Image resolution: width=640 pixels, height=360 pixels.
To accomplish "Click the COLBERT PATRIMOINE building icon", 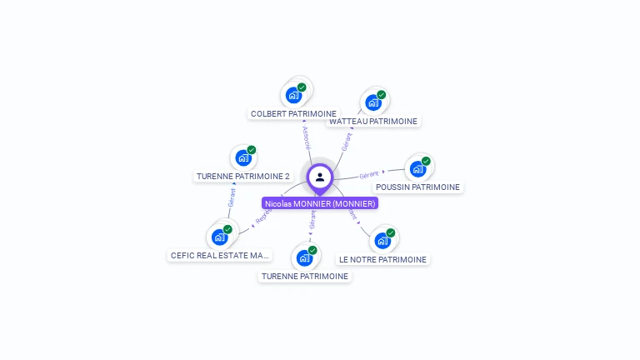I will pos(293,95).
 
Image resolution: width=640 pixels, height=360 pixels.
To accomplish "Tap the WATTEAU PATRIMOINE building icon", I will pos(372,102).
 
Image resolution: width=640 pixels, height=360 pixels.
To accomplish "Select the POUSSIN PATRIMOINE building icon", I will pos(417,169).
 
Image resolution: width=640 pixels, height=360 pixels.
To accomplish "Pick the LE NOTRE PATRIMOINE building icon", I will pos(382,241).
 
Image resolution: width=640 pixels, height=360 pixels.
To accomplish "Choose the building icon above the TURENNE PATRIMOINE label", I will pos(304,257).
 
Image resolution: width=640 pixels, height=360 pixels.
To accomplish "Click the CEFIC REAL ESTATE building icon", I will pos(219,237).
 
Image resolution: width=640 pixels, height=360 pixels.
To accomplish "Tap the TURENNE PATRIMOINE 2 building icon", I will pos(243,157).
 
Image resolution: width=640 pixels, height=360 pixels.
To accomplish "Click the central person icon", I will pos(320,177).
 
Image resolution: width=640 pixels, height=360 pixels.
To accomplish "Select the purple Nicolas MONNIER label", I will pos(320,203).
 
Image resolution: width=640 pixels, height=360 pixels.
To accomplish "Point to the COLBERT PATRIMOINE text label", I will pos(293,113).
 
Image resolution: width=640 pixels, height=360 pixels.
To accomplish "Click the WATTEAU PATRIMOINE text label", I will pos(373,121).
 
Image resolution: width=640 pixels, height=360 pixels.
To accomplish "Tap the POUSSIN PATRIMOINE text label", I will pos(417,187).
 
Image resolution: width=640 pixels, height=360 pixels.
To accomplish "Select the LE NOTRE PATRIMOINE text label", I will pos(382,259).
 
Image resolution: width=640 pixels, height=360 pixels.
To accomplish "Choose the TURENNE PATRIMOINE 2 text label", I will pos(243,176).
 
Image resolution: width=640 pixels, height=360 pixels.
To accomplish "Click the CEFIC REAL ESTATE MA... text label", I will pos(220,255).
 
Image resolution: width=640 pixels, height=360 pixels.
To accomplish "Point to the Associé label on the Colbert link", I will pos(307,137).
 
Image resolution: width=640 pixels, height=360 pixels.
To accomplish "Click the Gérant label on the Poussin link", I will pos(368,175).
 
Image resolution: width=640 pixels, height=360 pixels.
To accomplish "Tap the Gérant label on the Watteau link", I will pos(347,141).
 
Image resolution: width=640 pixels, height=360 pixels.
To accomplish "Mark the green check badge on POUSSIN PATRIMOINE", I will pos(426,162).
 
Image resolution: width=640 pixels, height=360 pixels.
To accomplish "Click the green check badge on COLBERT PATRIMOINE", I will pos(302,87).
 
